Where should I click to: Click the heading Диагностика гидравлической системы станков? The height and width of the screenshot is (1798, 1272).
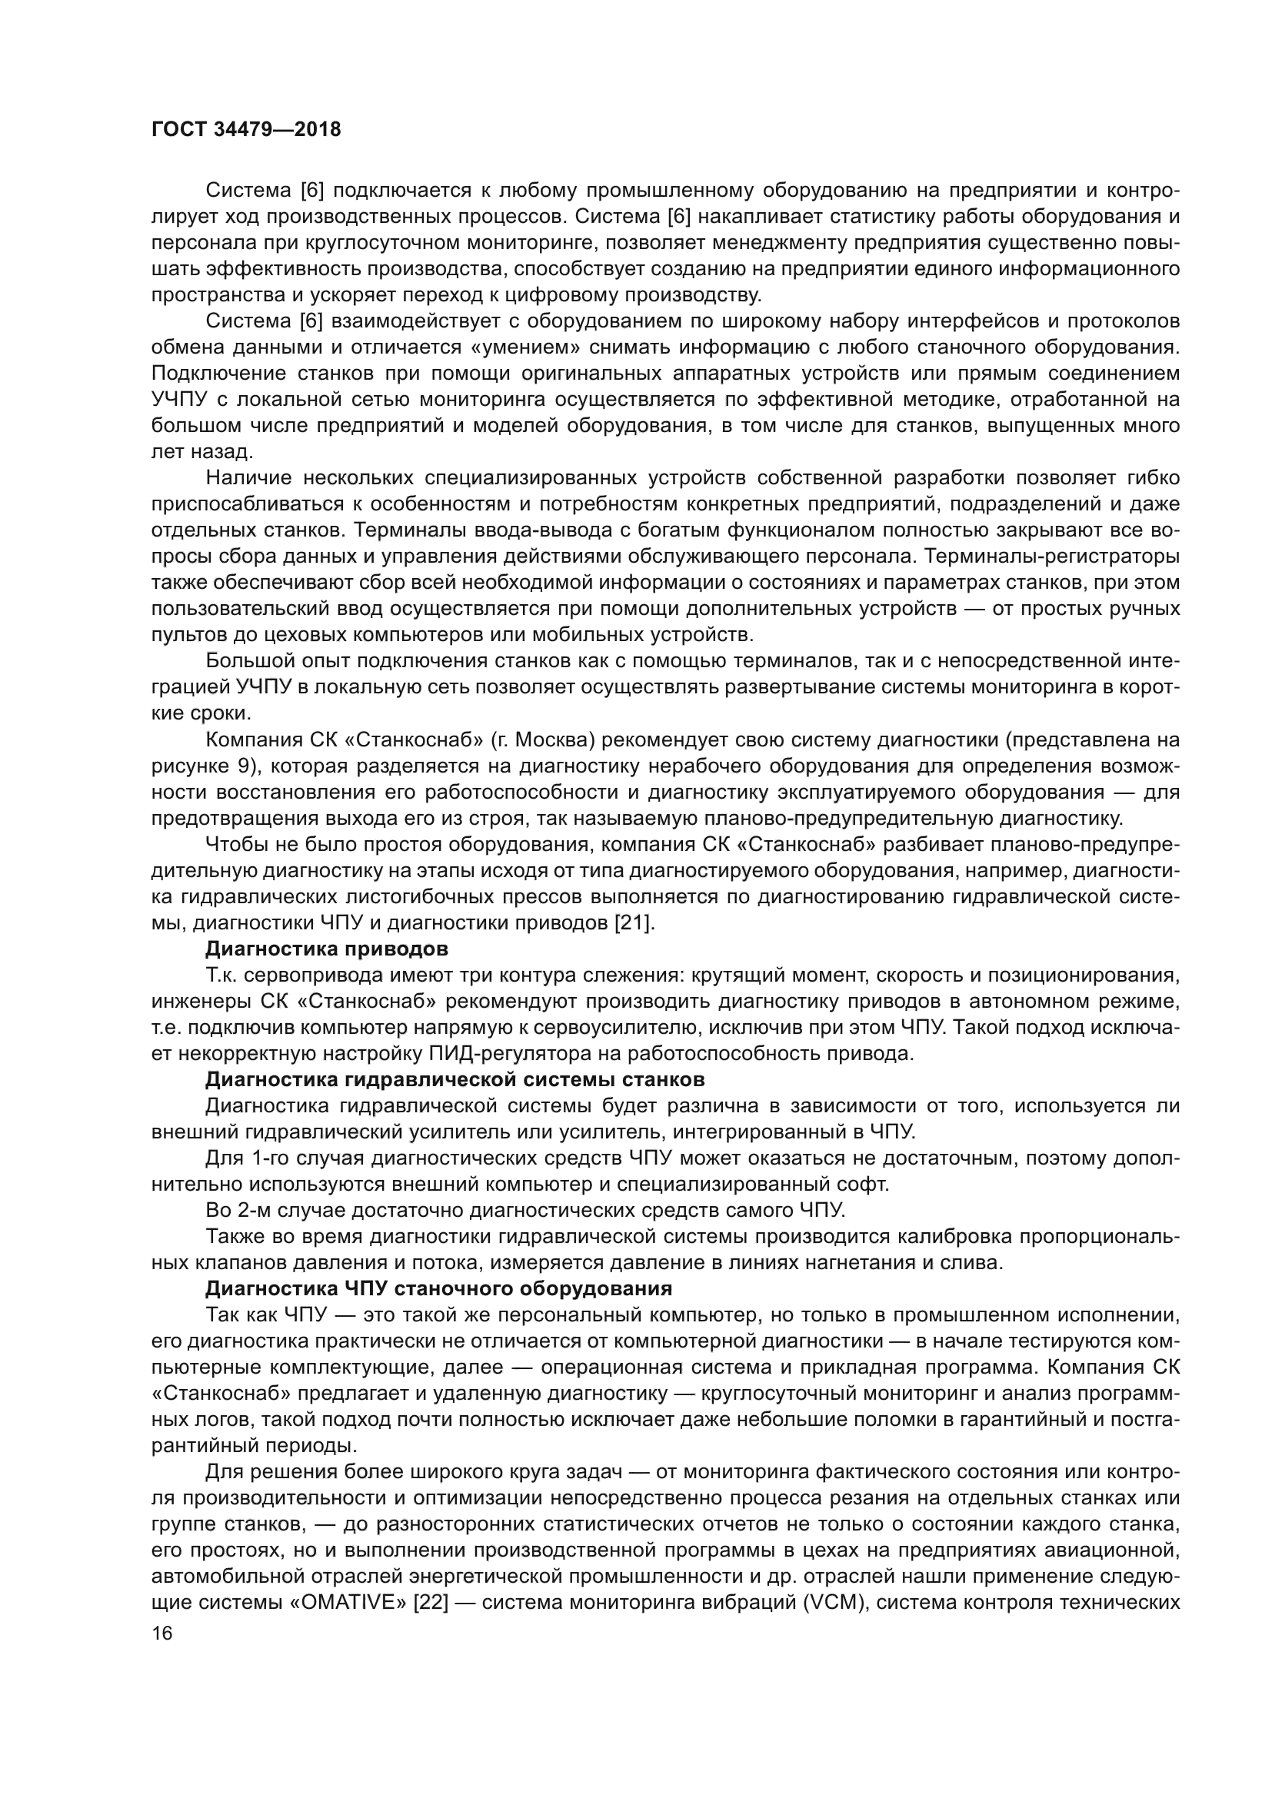(x=455, y=1080)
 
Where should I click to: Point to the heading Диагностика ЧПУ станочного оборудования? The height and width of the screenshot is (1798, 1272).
(x=438, y=1289)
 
